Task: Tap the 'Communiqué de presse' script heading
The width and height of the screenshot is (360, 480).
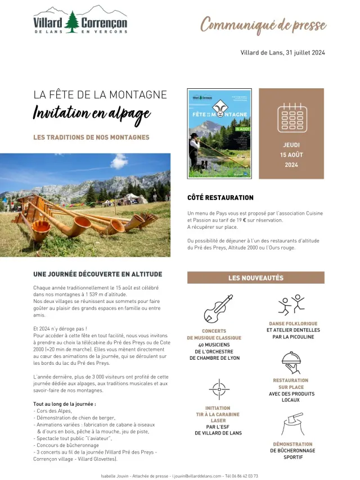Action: (263, 25)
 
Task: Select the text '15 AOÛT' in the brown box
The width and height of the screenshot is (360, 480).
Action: (291, 155)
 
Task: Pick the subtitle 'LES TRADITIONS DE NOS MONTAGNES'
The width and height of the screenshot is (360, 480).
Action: (91, 137)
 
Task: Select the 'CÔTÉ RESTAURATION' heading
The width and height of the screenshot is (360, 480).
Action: (220, 198)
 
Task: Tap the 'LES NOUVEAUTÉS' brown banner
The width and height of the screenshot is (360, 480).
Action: (255, 278)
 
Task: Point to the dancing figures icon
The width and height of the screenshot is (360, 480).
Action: (291, 305)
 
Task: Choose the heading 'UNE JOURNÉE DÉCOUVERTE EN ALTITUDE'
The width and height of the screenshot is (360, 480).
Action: (98, 274)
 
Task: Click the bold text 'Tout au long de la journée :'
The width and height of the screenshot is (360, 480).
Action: (65, 404)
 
